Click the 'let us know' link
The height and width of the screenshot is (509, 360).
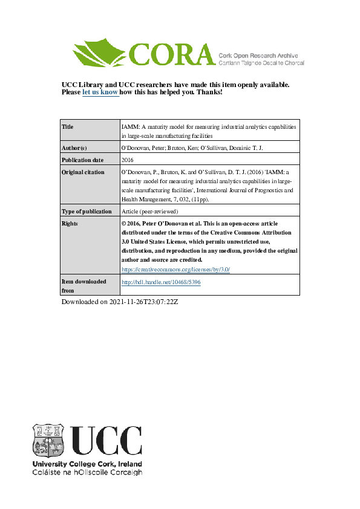coord(100,92)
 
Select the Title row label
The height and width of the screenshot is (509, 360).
coord(68,127)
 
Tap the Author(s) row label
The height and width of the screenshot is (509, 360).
coord(75,148)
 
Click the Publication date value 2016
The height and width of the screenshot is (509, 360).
coord(128,160)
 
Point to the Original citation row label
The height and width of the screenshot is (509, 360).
coord(83,172)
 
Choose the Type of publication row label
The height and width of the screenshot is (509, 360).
coord(87,212)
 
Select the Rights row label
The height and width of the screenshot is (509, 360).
coord(71,223)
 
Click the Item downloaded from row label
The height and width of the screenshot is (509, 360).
coord(84,286)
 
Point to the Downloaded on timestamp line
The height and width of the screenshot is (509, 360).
coord(120,301)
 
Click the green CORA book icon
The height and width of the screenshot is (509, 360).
coord(100,53)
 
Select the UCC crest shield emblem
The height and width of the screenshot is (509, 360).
coord(48,439)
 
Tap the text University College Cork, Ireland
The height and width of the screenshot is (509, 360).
coord(87,464)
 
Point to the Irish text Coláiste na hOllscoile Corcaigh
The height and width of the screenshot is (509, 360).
coord(87,472)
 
